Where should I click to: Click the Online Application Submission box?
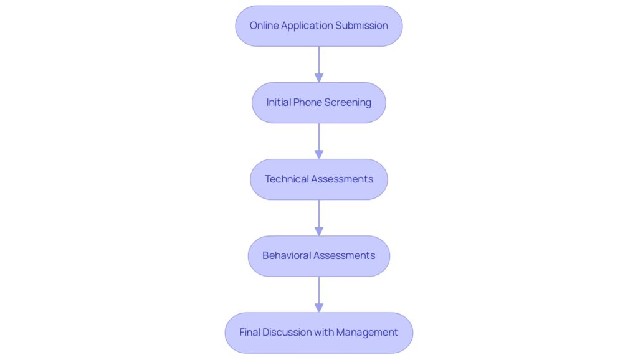pyautogui.click(x=318, y=26)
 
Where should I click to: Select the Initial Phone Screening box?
pyautogui.click(x=318, y=102)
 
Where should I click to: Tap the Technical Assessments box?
pyautogui.click(x=318, y=179)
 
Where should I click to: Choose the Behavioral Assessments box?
pyautogui.click(x=318, y=255)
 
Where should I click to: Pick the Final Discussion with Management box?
pyautogui.click(x=318, y=332)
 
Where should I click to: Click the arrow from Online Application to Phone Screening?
pyautogui.click(x=318, y=64)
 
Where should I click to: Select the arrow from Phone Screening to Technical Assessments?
pyautogui.click(x=318, y=140)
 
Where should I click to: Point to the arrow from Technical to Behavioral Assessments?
pyautogui.click(x=318, y=217)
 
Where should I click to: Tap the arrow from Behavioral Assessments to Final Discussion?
pyautogui.click(x=318, y=293)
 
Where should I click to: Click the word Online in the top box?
pyautogui.click(x=264, y=26)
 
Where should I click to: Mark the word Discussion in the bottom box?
pyautogui.click(x=287, y=332)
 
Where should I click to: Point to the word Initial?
pyautogui.click(x=277, y=102)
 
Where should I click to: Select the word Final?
pyautogui.click(x=250, y=332)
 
